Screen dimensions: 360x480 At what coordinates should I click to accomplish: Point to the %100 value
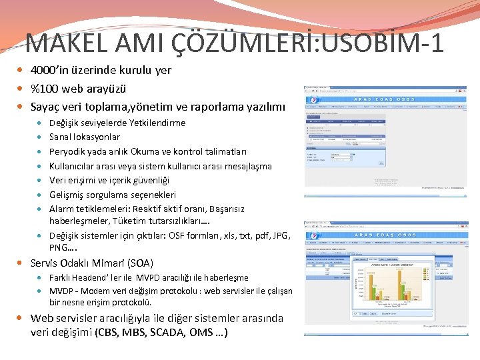44,89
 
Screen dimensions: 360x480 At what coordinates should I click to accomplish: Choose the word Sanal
61,137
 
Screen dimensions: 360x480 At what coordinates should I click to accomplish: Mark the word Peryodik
69,151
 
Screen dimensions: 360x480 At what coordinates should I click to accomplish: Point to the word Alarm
61,209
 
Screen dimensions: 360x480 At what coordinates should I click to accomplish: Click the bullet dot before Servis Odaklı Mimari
23,263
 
